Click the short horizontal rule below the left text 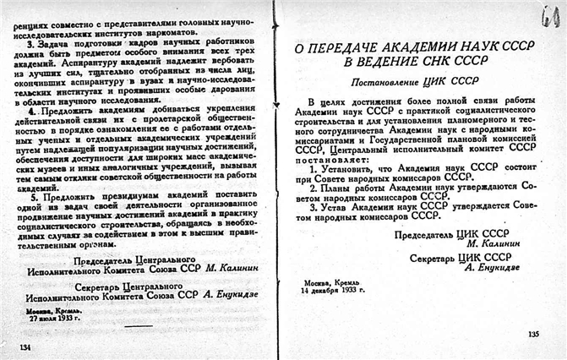(x=135, y=326)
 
